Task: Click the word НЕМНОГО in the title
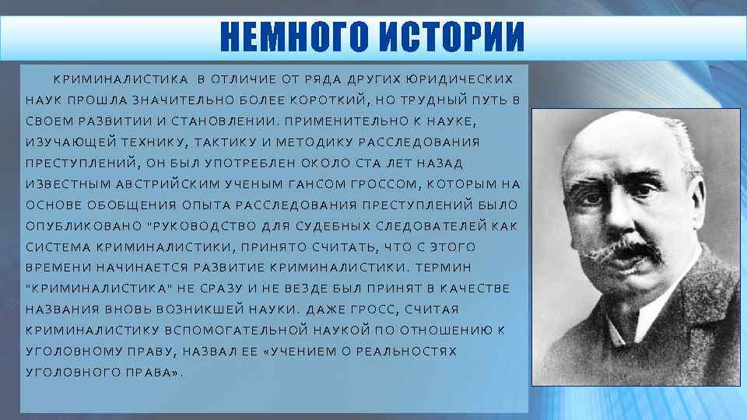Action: click(296, 36)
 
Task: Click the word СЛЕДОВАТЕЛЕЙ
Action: click(425, 226)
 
